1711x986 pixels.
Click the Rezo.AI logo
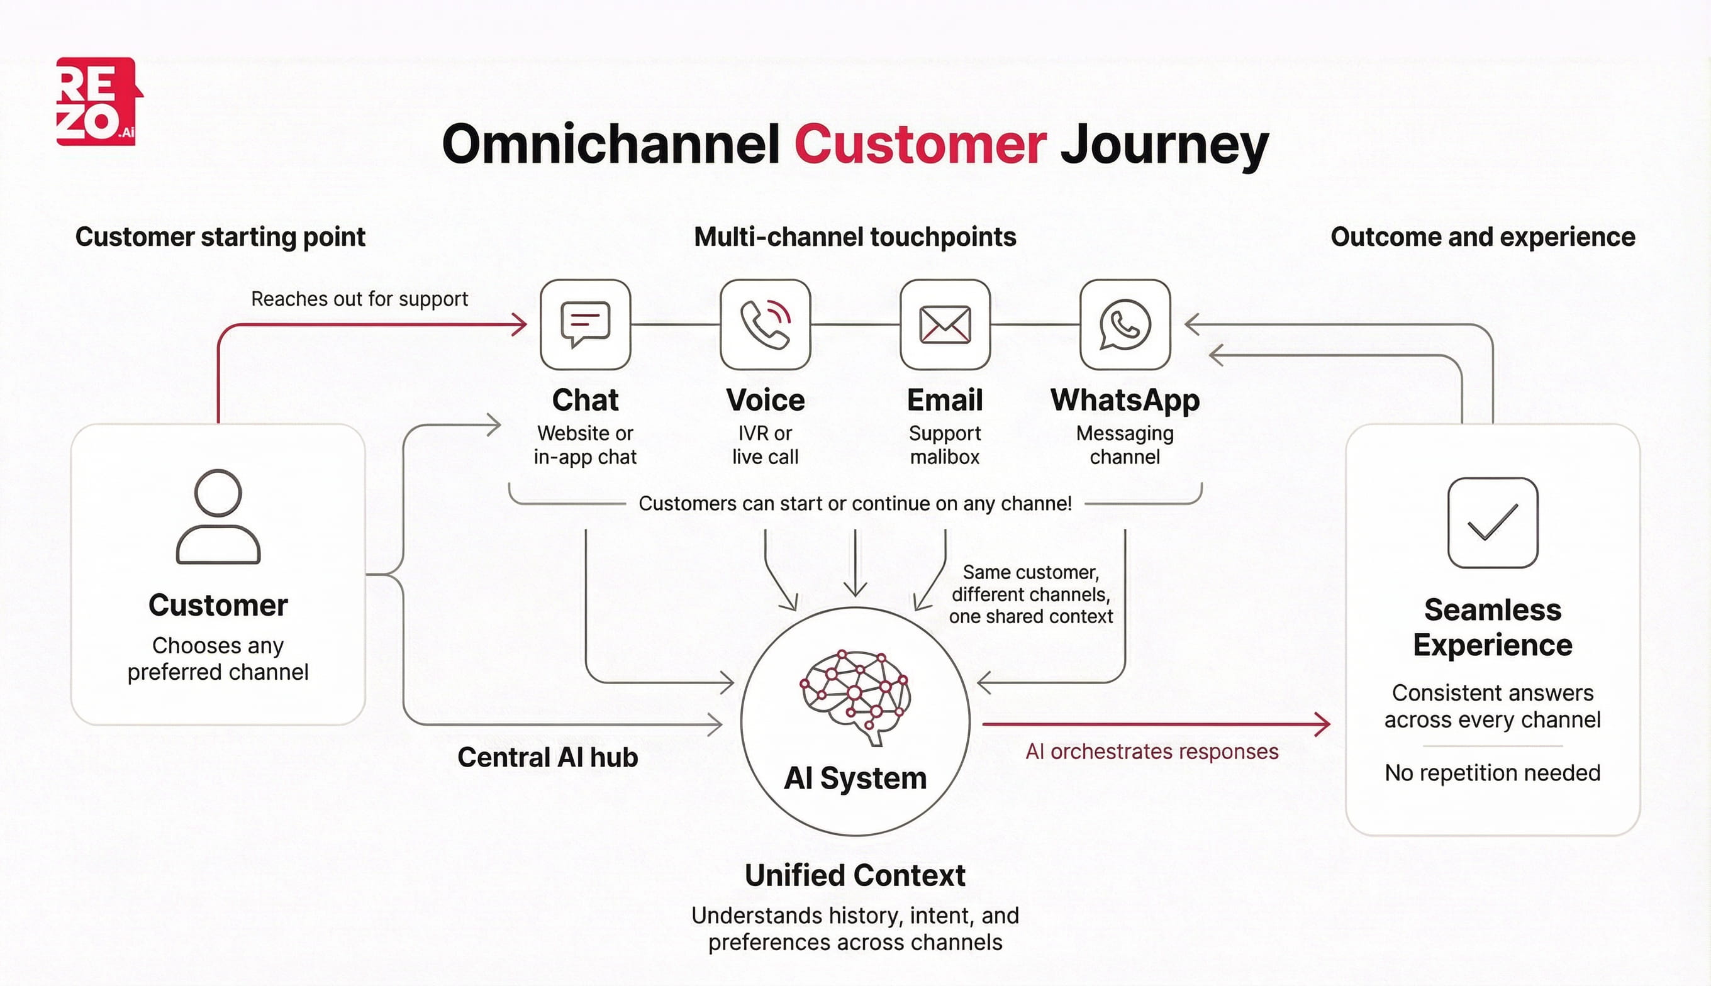click(98, 102)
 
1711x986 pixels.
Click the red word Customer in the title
click(920, 145)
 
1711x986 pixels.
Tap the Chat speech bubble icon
click(585, 324)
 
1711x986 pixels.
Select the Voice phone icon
click(765, 324)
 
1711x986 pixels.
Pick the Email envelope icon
click(945, 324)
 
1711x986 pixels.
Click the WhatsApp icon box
click(1124, 324)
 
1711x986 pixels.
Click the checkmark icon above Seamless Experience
click(1492, 522)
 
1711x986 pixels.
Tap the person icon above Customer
click(218, 517)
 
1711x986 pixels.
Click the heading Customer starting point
click(220, 237)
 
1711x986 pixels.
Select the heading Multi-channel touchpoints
click(855, 237)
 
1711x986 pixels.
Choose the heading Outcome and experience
click(1482, 237)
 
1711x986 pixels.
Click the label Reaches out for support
click(359, 299)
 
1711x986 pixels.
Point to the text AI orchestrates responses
click(1152, 751)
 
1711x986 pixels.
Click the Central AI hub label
click(547, 757)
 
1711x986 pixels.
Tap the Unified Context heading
click(855, 875)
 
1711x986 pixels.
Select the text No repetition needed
click(1492, 773)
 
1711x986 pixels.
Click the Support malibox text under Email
click(945, 445)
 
